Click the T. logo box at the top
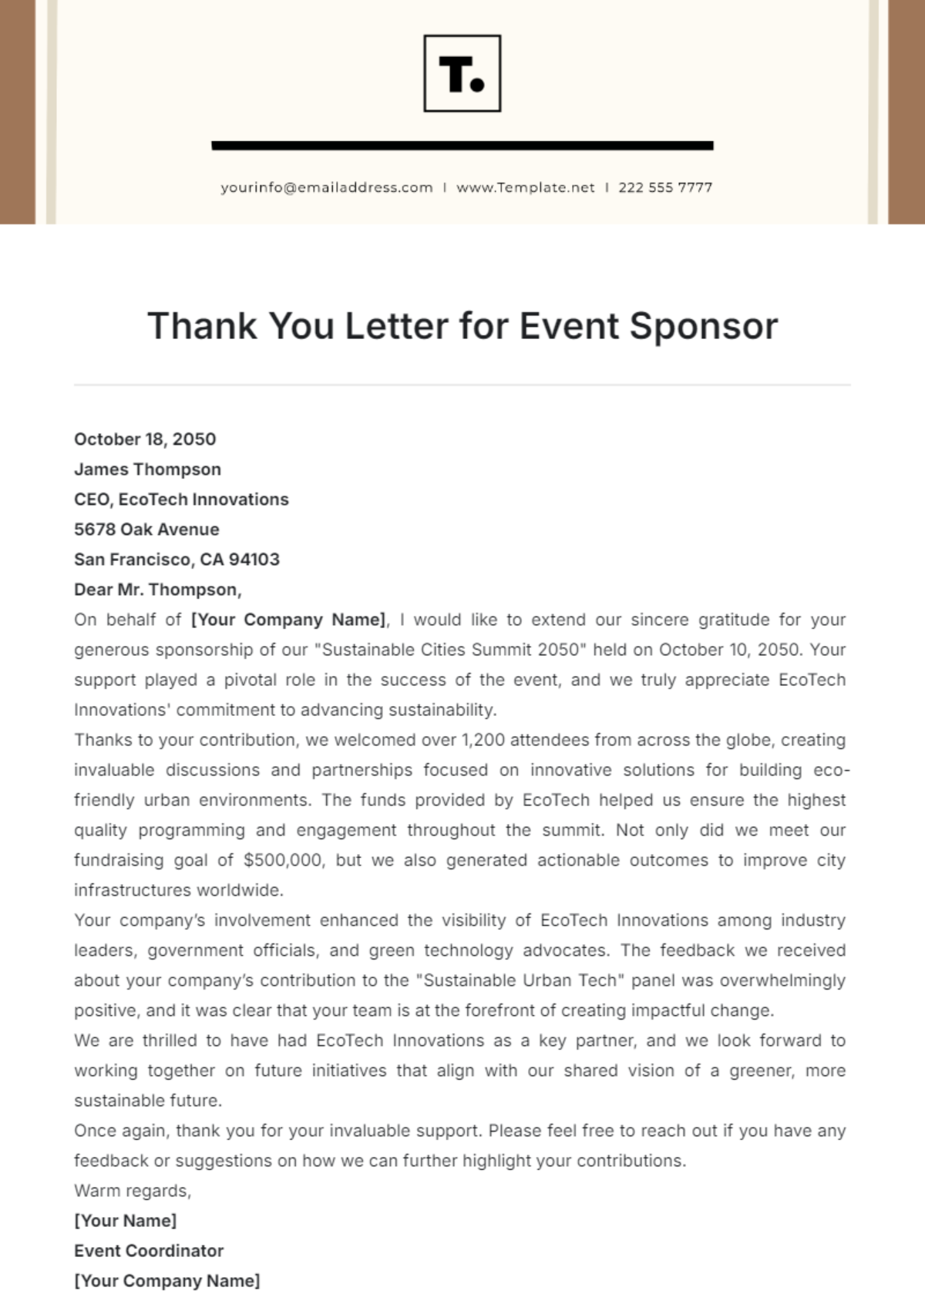point(462,73)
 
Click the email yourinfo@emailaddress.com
point(326,187)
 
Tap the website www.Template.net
point(525,187)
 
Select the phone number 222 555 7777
point(665,187)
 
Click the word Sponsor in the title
point(703,326)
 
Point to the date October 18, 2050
point(145,439)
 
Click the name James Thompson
point(147,469)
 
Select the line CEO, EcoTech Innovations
point(181,499)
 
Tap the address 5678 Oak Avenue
point(146,529)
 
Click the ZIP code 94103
point(254,560)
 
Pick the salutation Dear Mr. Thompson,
point(157,590)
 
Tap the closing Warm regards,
point(133,1191)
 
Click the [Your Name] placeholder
point(125,1221)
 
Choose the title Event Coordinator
point(149,1251)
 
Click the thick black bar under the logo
point(462,145)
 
